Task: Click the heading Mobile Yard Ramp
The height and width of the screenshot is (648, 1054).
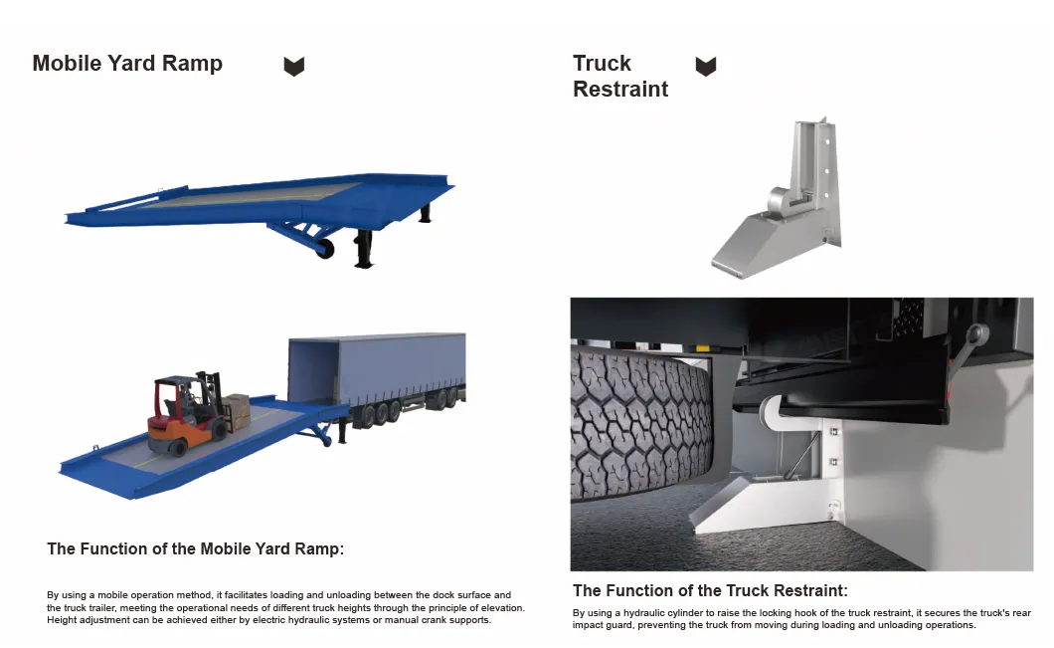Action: coord(127,64)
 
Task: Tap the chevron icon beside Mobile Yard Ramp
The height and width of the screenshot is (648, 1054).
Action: coord(293,67)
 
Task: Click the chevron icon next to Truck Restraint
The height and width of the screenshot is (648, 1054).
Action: coord(705,67)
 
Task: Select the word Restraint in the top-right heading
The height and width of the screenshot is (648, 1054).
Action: coord(620,90)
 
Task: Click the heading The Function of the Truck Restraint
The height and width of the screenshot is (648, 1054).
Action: coord(710,590)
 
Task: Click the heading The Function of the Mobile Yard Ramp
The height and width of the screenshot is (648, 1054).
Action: coord(195,548)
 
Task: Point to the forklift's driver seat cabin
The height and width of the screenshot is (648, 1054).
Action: coord(180,399)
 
